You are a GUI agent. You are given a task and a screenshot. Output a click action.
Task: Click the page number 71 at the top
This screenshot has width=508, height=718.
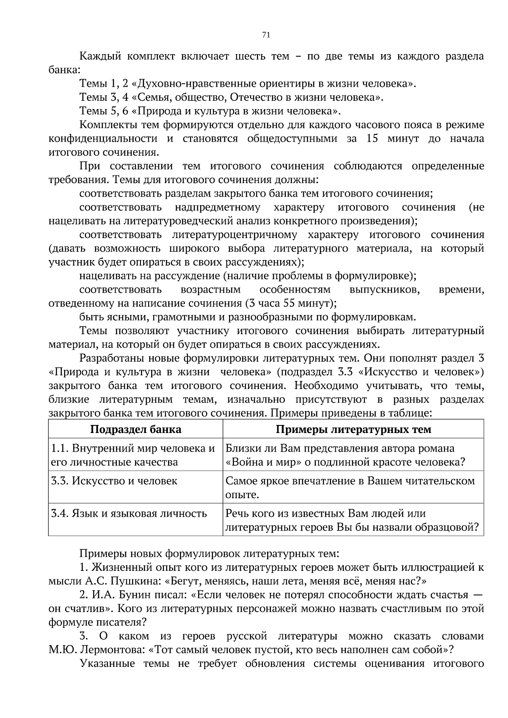pos(266,35)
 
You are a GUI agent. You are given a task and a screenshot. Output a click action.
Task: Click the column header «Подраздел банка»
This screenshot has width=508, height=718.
pos(135,429)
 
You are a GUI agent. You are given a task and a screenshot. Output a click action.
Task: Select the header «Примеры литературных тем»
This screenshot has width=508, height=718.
pos(353,429)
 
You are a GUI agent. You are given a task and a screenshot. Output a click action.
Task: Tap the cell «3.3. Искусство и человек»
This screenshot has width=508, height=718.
pos(114,481)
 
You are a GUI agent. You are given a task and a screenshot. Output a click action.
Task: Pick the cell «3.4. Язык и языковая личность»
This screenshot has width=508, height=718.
pos(129,513)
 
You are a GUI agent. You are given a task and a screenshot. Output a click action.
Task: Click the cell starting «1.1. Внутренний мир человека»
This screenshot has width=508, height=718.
pos(133,455)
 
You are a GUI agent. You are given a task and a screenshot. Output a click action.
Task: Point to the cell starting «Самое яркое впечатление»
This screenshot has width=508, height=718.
pos(350,487)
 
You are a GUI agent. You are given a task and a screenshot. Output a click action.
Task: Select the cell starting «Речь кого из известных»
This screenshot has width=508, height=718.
pos(351,520)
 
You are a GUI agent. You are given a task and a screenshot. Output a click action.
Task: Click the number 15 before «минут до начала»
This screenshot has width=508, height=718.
pos(372,139)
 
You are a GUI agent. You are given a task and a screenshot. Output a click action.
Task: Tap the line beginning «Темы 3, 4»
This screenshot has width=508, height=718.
pos(231,98)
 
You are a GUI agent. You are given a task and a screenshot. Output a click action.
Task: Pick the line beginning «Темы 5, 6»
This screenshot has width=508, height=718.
pos(210,111)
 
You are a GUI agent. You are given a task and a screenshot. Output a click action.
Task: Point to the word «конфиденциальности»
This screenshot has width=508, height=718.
pos(103,139)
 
